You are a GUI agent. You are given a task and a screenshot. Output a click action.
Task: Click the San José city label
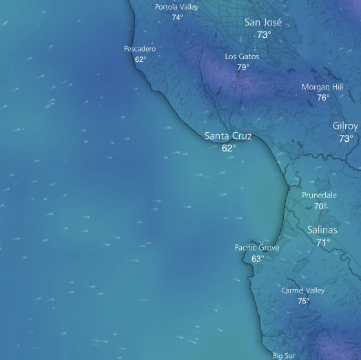tap(263, 22)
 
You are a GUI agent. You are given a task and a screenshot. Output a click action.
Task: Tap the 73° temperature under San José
tap(263, 34)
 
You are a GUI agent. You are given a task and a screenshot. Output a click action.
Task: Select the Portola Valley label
tap(176, 7)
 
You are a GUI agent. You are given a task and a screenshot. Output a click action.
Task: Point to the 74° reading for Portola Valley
tap(177, 17)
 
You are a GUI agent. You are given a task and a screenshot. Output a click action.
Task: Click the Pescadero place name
tap(140, 49)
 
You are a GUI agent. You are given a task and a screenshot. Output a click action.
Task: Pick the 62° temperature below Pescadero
tap(141, 59)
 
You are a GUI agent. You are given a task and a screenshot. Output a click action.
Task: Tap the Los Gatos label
tap(242, 56)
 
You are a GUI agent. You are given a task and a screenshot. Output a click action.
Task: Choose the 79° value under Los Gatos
tap(243, 67)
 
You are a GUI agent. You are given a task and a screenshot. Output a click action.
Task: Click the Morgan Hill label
tap(322, 87)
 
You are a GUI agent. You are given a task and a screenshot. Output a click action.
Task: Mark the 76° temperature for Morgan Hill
tap(322, 98)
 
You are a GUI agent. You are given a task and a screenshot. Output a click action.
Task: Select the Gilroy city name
tap(345, 126)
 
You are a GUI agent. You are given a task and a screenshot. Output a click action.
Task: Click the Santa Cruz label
tap(228, 136)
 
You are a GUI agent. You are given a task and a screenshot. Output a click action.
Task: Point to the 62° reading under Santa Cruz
tap(229, 148)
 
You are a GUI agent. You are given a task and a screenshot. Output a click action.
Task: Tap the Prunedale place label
tap(320, 195)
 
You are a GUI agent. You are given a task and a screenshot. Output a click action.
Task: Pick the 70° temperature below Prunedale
tap(320, 206)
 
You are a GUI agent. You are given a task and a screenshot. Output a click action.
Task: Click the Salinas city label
tap(322, 230)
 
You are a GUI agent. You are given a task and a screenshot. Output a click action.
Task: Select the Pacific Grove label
tap(257, 248)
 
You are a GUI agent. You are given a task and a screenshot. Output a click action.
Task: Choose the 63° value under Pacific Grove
tap(257, 259)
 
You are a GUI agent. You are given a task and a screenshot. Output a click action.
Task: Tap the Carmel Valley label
tap(302, 290)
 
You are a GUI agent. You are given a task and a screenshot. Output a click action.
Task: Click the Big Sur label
tap(284, 355)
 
